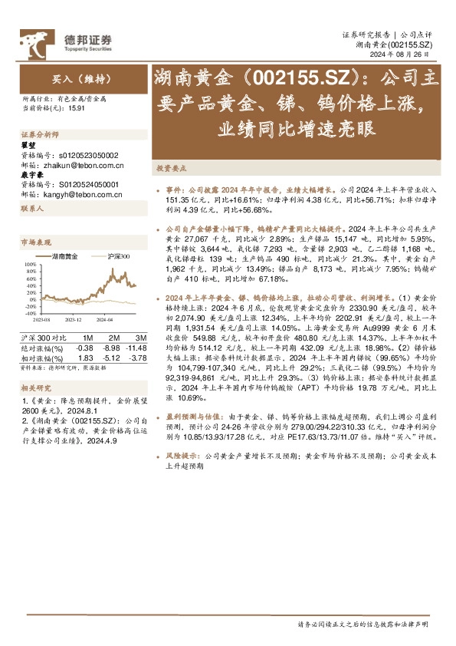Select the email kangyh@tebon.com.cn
point(80,195)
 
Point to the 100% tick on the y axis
point(30,263)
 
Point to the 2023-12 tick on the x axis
point(74,318)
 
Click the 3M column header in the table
point(140,338)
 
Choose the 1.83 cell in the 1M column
point(86,357)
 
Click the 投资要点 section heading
point(170,166)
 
